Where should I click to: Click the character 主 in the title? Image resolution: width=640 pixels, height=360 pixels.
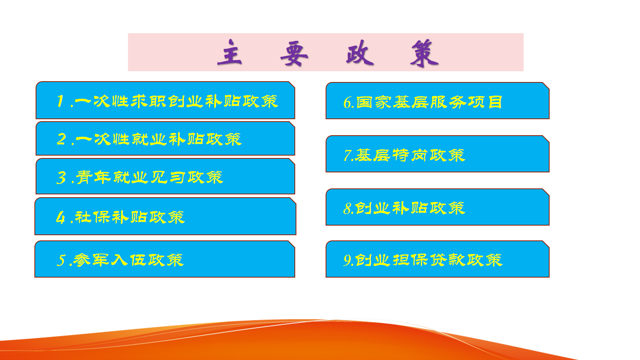[x=230, y=52]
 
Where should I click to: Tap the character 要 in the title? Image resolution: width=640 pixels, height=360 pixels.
[x=294, y=53]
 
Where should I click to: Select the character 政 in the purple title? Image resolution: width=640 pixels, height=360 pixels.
[x=360, y=52]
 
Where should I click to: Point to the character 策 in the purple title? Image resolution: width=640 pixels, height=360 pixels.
[x=424, y=53]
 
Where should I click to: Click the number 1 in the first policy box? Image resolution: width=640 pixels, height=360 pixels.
[x=60, y=101]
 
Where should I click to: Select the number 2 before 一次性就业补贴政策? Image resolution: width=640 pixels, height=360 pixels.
[x=62, y=139]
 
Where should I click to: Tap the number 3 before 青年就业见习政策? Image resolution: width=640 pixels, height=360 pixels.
[x=61, y=178]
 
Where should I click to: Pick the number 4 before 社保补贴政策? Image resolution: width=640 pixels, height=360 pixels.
[x=60, y=218]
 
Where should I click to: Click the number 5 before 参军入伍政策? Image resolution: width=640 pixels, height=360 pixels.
[x=61, y=260]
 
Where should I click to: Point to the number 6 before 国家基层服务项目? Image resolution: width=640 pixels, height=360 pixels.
[x=348, y=102]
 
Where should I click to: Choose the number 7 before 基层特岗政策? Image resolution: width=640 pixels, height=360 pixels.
[x=348, y=156]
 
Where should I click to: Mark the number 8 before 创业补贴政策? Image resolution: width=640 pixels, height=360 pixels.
[x=348, y=208]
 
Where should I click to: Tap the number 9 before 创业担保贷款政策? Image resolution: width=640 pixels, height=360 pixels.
[x=348, y=260]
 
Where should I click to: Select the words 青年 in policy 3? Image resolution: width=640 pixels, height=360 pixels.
[x=93, y=178]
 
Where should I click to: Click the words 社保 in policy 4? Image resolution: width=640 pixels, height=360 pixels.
[x=92, y=217]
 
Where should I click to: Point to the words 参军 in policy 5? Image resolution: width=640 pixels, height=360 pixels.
[x=91, y=260]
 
